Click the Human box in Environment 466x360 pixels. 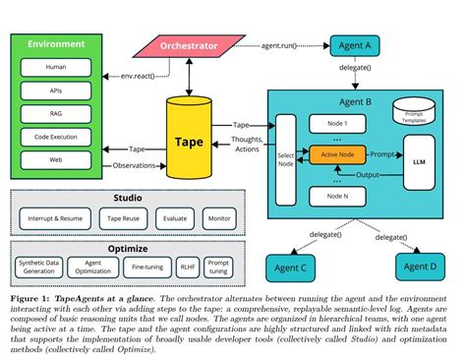point(57,67)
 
